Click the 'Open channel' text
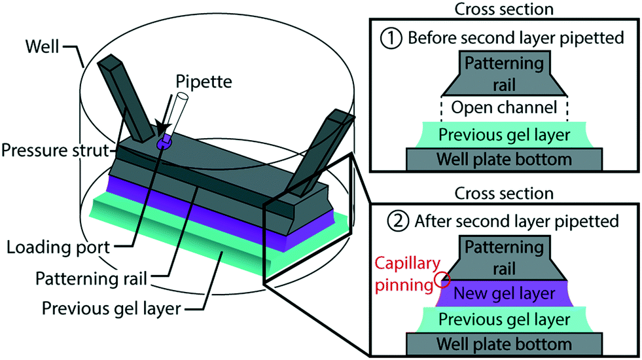coord(504,107)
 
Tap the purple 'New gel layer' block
coord(504,292)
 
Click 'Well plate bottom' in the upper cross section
coord(504,159)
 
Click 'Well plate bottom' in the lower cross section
coord(504,344)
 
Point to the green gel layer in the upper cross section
coord(504,135)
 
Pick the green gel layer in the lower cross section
coord(504,319)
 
